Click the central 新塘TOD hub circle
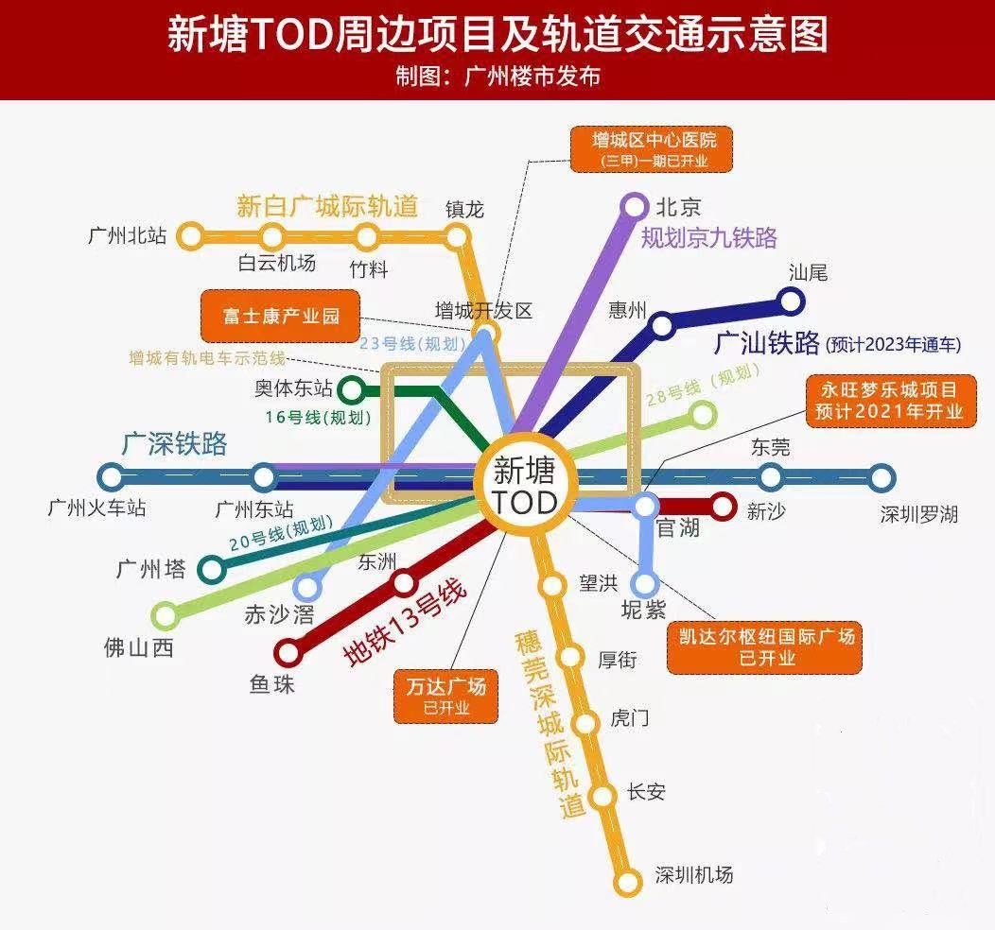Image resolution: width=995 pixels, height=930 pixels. pos(526,486)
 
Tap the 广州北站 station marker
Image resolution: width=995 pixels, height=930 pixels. pos(192,235)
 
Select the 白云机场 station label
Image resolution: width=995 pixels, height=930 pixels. pos(276,264)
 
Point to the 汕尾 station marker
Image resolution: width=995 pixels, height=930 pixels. pos(791,301)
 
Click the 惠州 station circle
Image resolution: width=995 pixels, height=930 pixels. pos(662,326)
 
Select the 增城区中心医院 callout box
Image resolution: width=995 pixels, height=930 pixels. pos(654,149)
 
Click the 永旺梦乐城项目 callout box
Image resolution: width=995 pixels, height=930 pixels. pos(888,400)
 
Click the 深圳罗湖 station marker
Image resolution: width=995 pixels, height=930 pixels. pos(882,477)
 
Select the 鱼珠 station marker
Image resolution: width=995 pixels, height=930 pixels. pos(288,652)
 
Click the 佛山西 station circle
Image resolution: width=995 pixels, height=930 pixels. pos(166,616)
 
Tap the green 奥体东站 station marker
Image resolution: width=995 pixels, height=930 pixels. pos(351,388)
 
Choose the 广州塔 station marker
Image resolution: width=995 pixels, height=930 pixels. pos(212,569)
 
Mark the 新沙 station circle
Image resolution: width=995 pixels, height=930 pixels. pos(723,508)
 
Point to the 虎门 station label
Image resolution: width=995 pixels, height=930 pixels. pos(629,718)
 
